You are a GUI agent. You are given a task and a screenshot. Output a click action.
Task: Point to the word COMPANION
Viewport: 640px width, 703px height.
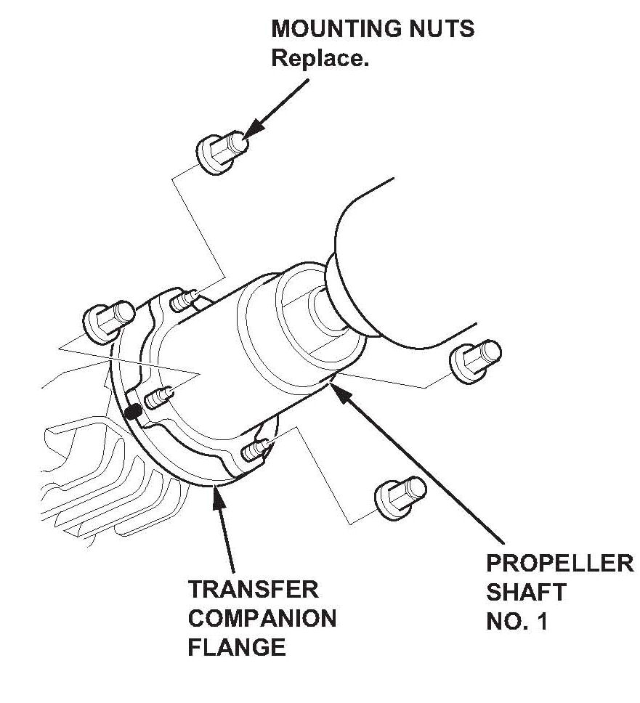coord(262,618)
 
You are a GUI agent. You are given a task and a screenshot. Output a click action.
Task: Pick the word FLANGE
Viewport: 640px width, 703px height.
coord(237,647)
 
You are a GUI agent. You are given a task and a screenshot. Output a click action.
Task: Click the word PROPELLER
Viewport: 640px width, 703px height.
coord(559,564)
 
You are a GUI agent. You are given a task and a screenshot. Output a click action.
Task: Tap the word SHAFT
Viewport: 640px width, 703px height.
coord(525,593)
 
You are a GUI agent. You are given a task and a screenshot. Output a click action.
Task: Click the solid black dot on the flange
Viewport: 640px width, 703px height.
coord(132,413)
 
